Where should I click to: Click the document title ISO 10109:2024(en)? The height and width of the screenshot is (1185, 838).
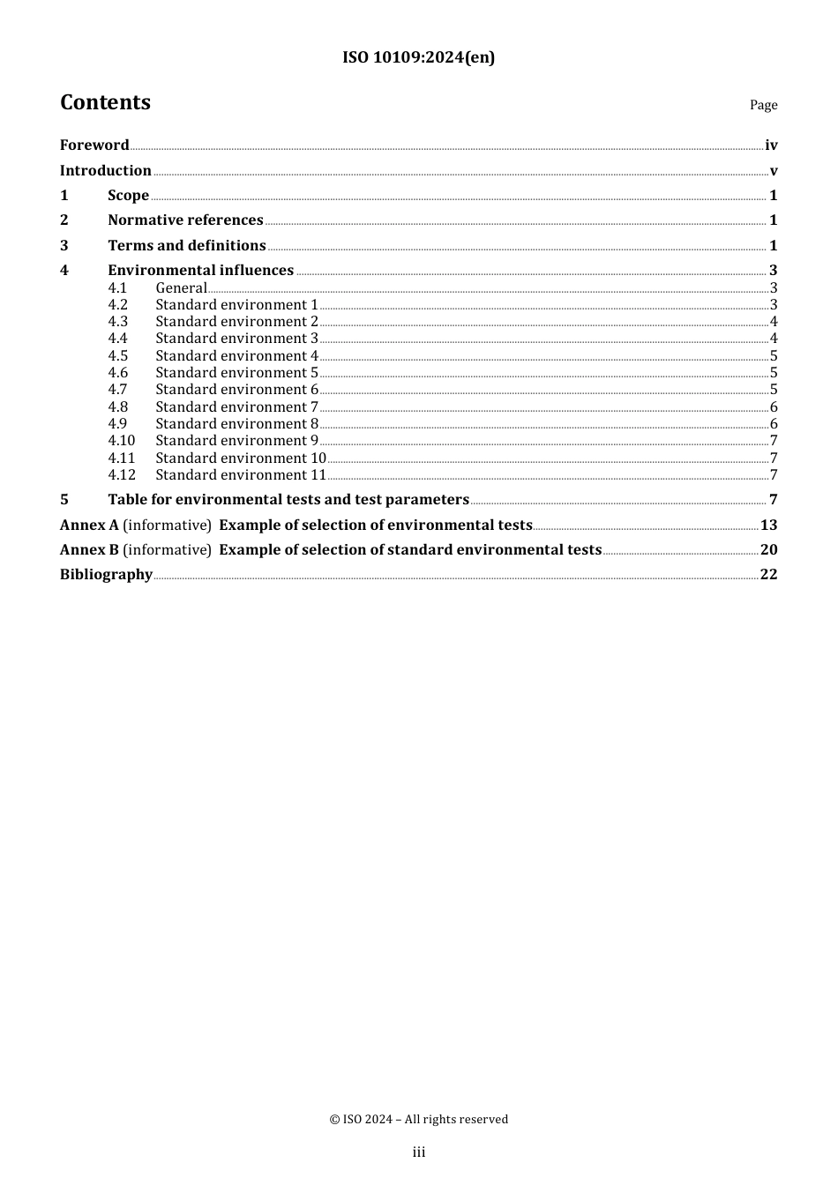(418, 58)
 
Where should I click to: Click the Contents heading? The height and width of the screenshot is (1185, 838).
(105, 103)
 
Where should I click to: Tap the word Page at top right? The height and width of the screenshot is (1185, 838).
(763, 105)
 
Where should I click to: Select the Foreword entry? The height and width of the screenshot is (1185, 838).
(94, 145)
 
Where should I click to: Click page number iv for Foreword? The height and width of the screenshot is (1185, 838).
(771, 145)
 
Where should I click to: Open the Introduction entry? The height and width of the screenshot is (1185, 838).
(106, 171)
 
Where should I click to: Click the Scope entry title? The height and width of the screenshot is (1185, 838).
(128, 196)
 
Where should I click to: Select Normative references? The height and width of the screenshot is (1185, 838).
(185, 220)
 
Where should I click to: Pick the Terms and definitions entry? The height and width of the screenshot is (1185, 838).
(187, 246)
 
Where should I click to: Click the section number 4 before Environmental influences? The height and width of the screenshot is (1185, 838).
(64, 271)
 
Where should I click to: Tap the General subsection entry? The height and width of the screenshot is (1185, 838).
(181, 288)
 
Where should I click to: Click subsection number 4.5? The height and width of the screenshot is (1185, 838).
(118, 356)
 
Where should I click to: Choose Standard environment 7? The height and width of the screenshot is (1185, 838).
(236, 407)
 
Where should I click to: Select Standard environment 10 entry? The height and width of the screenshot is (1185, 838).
(241, 458)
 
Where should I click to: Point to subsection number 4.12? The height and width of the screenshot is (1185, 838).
(122, 475)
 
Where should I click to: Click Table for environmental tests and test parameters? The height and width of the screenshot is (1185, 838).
(288, 500)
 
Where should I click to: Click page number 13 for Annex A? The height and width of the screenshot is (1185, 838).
(768, 525)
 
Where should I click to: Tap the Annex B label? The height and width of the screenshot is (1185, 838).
(89, 550)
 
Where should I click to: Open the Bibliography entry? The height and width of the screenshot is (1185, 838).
(106, 575)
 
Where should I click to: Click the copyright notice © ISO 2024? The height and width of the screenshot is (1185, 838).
(418, 1120)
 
